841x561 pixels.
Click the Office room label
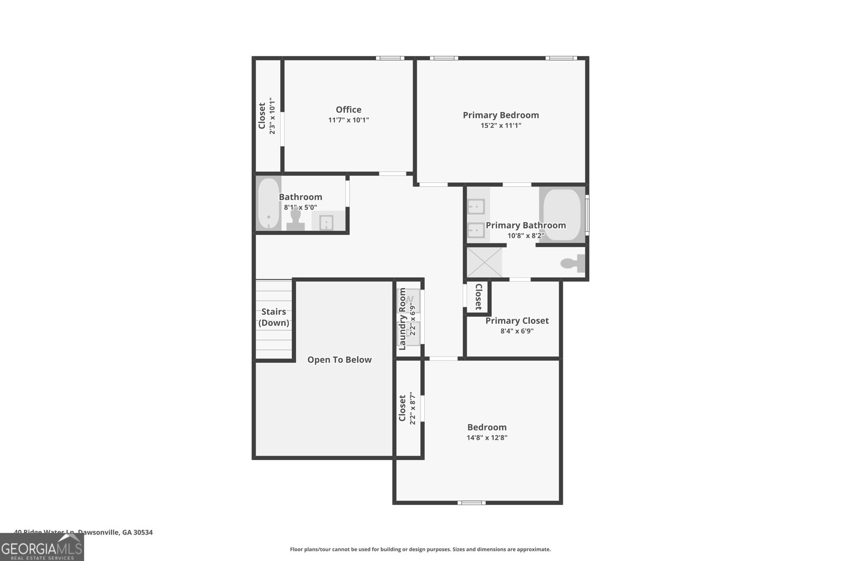(x=348, y=109)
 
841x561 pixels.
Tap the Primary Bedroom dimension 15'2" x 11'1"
(x=500, y=126)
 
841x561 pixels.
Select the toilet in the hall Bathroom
(x=295, y=219)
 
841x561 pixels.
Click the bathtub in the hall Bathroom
(x=268, y=203)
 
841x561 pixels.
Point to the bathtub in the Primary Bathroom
(x=562, y=215)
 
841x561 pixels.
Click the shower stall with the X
(x=484, y=262)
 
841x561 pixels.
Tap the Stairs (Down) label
(x=273, y=317)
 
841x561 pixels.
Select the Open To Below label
(x=339, y=360)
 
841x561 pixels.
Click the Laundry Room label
(x=403, y=319)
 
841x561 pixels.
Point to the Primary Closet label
(x=517, y=321)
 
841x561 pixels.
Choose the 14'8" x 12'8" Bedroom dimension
(x=487, y=437)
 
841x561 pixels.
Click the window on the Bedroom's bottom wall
(x=471, y=503)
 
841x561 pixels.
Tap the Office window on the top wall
(x=389, y=58)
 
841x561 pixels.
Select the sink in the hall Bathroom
(x=326, y=222)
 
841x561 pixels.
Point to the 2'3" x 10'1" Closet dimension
(x=272, y=116)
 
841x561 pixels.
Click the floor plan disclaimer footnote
(x=420, y=549)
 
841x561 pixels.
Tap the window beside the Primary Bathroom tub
(x=587, y=215)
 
